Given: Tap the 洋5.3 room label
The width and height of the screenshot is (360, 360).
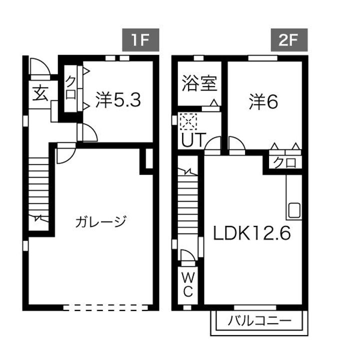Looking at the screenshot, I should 119,100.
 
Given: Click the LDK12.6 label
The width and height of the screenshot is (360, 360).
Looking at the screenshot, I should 252,233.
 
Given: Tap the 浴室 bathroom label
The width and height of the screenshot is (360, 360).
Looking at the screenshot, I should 200,84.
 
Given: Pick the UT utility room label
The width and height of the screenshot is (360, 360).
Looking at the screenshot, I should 192,140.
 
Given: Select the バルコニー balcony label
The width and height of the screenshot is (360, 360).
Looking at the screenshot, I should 259,320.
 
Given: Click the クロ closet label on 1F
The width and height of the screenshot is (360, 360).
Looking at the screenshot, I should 70,88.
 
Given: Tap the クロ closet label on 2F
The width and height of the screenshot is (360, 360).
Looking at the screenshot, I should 283,162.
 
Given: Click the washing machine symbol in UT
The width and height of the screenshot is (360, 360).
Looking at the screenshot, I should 189,121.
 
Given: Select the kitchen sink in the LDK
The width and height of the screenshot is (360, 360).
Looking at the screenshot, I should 294,210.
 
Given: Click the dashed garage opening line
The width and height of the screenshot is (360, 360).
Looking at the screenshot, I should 107,307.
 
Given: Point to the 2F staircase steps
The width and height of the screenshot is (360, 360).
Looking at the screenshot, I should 188,200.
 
